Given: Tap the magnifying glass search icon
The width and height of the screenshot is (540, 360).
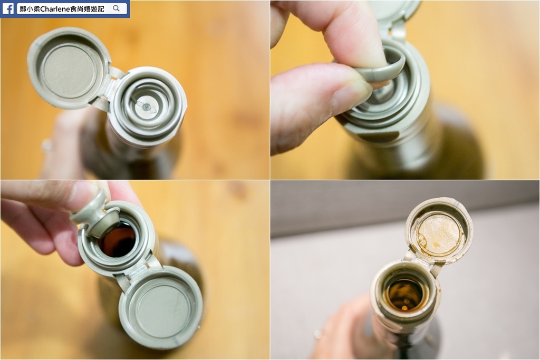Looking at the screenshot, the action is [x=116, y=8].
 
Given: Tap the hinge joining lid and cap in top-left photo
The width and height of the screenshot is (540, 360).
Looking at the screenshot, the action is [x=111, y=86].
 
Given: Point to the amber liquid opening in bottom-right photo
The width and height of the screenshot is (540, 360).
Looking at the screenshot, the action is [x=404, y=295].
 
